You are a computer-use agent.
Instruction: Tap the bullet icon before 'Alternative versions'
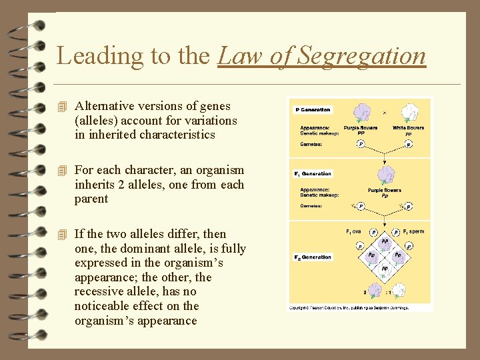point(63,107)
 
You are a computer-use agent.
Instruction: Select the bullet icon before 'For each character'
point(63,171)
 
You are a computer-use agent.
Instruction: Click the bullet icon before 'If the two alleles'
point(63,235)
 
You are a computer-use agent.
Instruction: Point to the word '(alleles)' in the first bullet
point(97,121)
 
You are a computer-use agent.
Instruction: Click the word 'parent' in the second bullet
point(91,199)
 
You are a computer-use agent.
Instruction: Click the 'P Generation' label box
point(313,110)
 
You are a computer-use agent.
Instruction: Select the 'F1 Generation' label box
point(313,174)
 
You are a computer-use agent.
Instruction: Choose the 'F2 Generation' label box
point(313,257)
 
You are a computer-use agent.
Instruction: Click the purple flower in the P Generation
point(361,112)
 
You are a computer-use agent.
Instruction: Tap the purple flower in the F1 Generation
point(385,174)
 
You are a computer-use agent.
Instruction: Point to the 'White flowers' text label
point(408,127)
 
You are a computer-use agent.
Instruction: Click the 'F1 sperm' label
point(413,232)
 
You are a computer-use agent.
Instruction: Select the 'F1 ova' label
point(353,232)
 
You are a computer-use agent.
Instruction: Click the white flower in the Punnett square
point(398,291)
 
